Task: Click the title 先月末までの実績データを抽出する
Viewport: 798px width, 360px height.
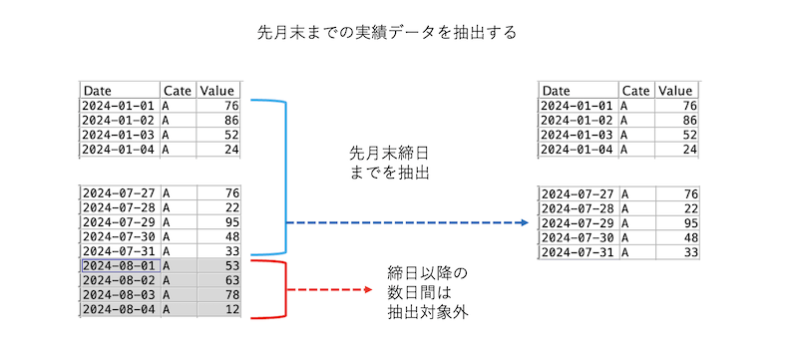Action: click(387, 33)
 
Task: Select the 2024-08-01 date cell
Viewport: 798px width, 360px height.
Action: click(119, 266)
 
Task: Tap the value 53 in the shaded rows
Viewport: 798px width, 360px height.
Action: click(230, 266)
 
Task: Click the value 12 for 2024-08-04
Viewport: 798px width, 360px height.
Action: click(230, 311)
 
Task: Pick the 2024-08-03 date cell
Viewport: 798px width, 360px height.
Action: click(119, 296)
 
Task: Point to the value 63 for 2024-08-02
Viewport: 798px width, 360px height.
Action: click(230, 281)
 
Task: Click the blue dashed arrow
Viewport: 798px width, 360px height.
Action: click(407, 222)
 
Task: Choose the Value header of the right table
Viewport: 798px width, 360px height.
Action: click(675, 91)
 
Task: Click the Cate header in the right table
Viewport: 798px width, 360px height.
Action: click(635, 91)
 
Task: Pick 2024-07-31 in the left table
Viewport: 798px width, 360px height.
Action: click(119, 252)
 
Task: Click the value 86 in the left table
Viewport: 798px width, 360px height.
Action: click(230, 120)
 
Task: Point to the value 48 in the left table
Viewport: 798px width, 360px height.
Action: click(230, 237)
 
